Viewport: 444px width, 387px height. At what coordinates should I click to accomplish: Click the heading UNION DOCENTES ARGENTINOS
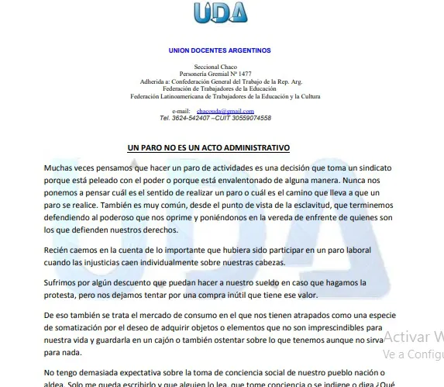click(219, 50)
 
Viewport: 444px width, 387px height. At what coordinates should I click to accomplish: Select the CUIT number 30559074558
click(250, 118)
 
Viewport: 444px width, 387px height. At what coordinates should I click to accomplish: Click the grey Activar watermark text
click(411, 337)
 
